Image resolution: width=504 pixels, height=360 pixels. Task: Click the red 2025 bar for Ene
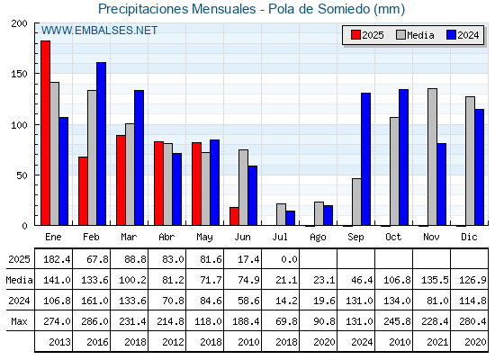pyautogui.click(x=45, y=133)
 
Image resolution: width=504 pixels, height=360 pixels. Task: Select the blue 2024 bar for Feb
pyautogui.click(x=101, y=144)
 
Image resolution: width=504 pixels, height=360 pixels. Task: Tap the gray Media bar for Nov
pyautogui.click(x=432, y=157)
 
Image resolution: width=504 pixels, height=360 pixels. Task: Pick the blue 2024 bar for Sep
pyautogui.click(x=365, y=159)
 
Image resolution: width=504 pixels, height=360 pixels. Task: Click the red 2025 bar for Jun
pyautogui.click(x=234, y=216)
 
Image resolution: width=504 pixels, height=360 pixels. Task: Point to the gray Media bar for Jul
pyautogui.click(x=281, y=214)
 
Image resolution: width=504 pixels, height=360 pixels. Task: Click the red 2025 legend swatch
pyautogui.click(x=355, y=35)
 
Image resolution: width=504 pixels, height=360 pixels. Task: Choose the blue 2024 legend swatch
pyautogui.click(x=451, y=35)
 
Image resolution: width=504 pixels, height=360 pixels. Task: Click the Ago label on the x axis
pyautogui.click(x=318, y=238)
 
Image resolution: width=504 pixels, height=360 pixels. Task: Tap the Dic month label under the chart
pyautogui.click(x=469, y=237)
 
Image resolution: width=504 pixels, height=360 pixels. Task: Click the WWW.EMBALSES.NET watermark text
pyautogui.click(x=99, y=31)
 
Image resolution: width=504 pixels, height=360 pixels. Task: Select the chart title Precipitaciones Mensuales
pyautogui.click(x=176, y=9)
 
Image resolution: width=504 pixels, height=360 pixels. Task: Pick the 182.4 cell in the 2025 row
pyautogui.click(x=57, y=259)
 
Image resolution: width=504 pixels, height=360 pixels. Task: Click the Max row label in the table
pyautogui.click(x=19, y=321)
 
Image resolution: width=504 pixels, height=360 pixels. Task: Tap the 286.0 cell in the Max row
pyautogui.click(x=94, y=321)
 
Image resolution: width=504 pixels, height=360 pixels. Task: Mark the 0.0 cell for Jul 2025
pyautogui.click(x=289, y=259)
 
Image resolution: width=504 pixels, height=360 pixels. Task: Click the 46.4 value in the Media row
pyautogui.click(x=362, y=280)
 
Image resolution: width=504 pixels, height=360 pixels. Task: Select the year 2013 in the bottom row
pyautogui.click(x=59, y=342)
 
